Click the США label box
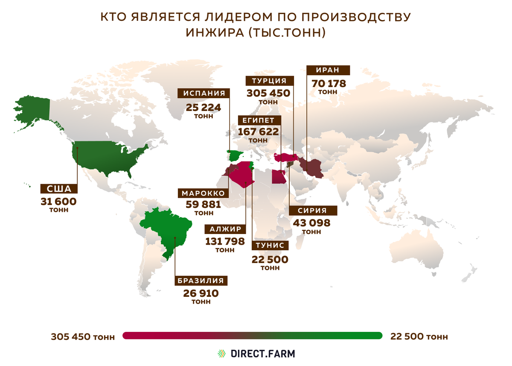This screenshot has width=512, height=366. pyautogui.click(x=58, y=189)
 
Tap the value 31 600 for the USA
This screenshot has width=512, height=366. pyautogui.click(x=58, y=201)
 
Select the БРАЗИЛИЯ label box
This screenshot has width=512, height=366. pyautogui.click(x=201, y=281)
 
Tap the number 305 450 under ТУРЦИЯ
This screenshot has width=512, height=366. pyautogui.click(x=268, y=93)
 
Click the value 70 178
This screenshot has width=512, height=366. pyautogui.click(x=328, y=83)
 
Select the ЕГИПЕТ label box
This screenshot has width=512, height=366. pyautogui.click(x=258, y=120)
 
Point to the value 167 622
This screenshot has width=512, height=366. pyautogui.click(x=258, y=132)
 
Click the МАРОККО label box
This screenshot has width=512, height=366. pyautogui.click(x=204, y=193)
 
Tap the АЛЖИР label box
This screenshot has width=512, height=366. pyautogui.click(x=225, y=228)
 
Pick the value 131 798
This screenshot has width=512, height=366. pyautogui.click(x=225, y=241)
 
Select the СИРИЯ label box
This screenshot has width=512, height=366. pyautogui.click(x=312, y=211)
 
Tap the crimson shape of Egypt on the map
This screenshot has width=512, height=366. pyautogui.click(x=278, y=176)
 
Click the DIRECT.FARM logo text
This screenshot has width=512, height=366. pyautogui.click(x=262, y=354)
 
